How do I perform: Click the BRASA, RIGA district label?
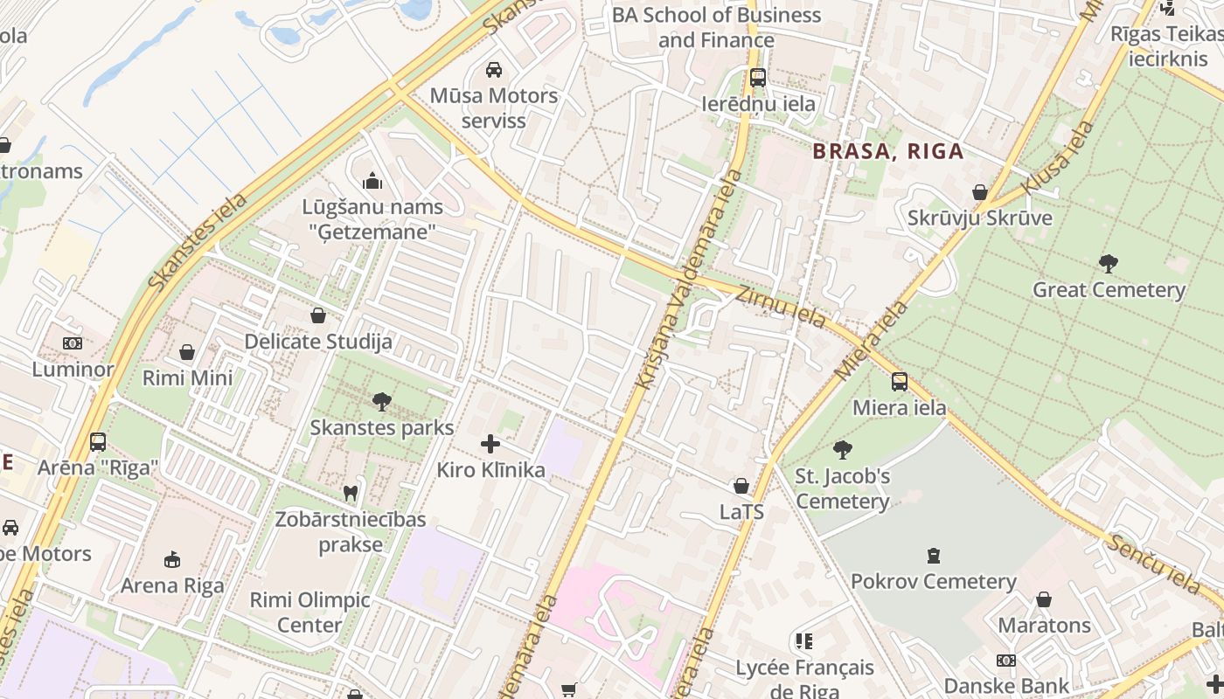click(x=887, y=151)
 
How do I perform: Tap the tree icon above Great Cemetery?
click(x=1108, y=263)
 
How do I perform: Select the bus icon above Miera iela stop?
click(x=899, y=382)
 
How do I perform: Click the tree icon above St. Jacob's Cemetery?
click(x=842, y=450)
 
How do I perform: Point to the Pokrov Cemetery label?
click(x=933, y=581)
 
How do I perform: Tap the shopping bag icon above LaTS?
click(x=741, y=486)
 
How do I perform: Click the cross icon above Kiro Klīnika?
click(x=490, y=444)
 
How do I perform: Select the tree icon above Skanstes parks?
click(x=381, y=402)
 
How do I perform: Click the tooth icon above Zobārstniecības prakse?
click(x=351, y=493)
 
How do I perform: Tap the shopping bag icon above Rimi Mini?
click(x=187, y=352)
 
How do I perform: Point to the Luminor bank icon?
click(x=73, y=343)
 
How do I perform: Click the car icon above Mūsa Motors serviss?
click(x=494, y=70)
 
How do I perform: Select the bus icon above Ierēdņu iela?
click(x=757, y=78)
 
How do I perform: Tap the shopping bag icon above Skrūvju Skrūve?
click(x=979, y=192)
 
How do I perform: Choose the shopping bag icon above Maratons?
click(x=1044, y=599)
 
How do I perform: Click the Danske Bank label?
click(x=1005, y=686)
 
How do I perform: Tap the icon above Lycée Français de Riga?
click(x=803, y=641)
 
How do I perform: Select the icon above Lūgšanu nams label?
click(x=372, y=182)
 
